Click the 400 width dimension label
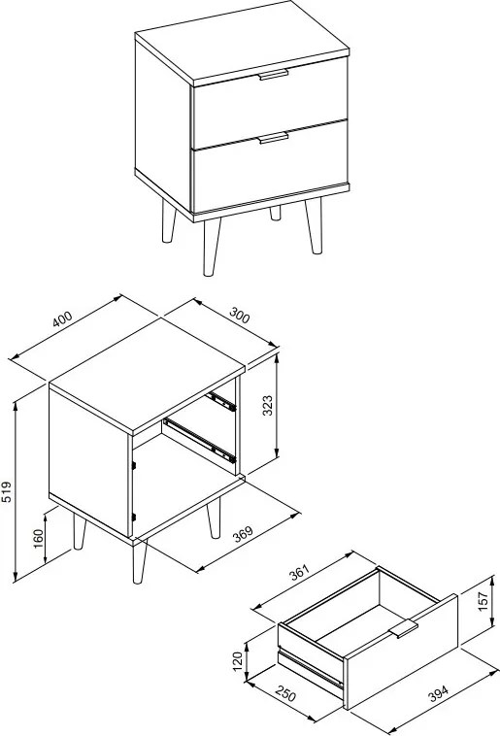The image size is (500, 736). pyautogui.click(x=62, y=318)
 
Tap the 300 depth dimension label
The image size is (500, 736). pyautogui.click(x=240, y=316)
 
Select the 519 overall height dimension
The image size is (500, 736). pyautogui.click(x=7, y=491)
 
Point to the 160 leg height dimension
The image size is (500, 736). pyautogui.click(x=39, y=538)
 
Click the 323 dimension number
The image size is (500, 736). pyautogui.click(x=267, y=406)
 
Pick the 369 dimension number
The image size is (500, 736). pyautogui.click(x=243, y=534)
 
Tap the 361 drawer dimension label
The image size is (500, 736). pyautogui.click(x=300, y=572)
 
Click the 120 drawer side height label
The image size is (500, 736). pyautogui.click(x=238, y=661)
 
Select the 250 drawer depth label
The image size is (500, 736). pyautogui.click(x=285, y=693)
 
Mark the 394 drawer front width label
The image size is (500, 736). pyautogui.click(x=439, y=693)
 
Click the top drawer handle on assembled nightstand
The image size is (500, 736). pyautogui.click(x=273, y=75)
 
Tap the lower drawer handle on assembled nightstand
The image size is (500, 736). pyautogui.click(x=274, y=138)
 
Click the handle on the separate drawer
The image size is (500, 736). pyautogui.click(x=403, y=628)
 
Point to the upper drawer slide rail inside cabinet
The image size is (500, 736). pyautogui.click(x=221, y=402)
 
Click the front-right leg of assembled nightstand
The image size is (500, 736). pyautogui.click(x=315, y=226)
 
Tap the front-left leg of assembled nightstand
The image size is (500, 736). pyautogui.click(x=211, y=247)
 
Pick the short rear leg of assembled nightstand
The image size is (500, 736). pyautogui.click(x=275, y=213)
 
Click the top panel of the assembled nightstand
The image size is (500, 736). pyautogui.click(x=242, y=44)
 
